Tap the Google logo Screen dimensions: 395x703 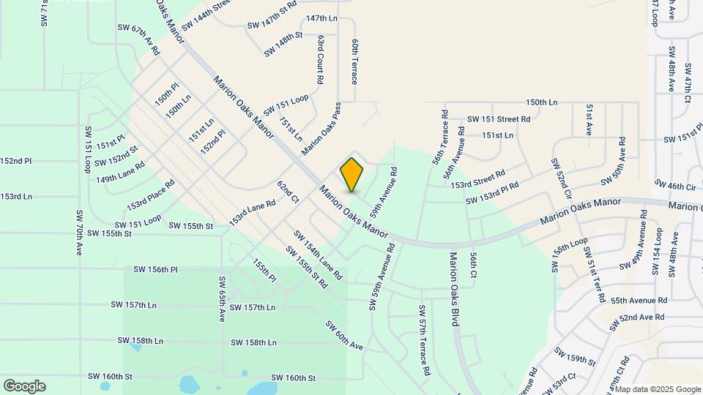[x=24, y=386]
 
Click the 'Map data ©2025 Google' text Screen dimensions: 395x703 [x=658, y=388]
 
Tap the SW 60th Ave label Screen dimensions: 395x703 [x=344, y=335]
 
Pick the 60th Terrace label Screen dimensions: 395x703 [x=354, y=61]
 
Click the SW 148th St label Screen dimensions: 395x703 [x=283, y=44]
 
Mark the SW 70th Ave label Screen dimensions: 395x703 [x=78, y=232]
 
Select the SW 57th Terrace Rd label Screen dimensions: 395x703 [x=423, y=340]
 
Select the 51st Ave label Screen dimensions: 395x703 [x=589, y=119]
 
